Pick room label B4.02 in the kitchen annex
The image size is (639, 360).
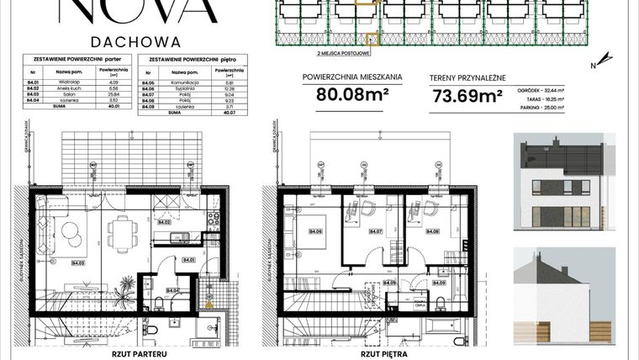tap(165, 222)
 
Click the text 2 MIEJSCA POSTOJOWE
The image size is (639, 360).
tap(340, 52)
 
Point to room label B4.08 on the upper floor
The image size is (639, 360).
tap(432, 232)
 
